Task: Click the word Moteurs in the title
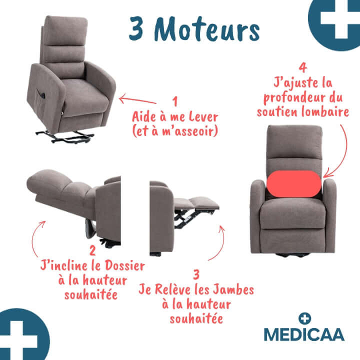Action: click(207, 29)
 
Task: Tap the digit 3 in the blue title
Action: click(136, 28)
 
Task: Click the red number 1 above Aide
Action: click(175, 101)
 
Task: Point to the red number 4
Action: click(303, 67)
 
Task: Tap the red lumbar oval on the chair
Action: click(294, 183)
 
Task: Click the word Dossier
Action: click(125, 266)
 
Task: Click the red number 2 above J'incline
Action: click(92, 250)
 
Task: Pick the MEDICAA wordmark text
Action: click(304, 334)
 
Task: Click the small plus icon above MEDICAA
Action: click(304, 318)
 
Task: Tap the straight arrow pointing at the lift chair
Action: click(137, 100)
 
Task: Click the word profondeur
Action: click(296, 97)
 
